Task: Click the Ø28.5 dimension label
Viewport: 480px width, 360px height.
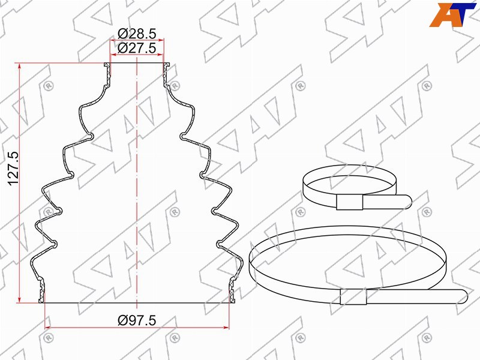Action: [x=137, y=34]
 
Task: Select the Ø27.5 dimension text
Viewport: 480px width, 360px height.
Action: [x=137, y=48]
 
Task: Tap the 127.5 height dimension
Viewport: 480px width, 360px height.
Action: [x=13, y=169]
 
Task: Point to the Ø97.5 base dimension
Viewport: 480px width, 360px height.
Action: [x=137, y=320]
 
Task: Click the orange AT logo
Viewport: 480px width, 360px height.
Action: [x=452, y=14]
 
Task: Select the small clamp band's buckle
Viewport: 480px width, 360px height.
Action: [x=349, y=202]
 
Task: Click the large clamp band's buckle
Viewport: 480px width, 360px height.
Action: [x=353, y=296]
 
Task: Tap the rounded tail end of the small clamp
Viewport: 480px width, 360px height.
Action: [x=409, y=202]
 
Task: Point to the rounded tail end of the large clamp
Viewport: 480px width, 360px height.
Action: [x=464, y=296]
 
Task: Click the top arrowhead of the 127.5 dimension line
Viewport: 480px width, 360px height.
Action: [x=20, y=65]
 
